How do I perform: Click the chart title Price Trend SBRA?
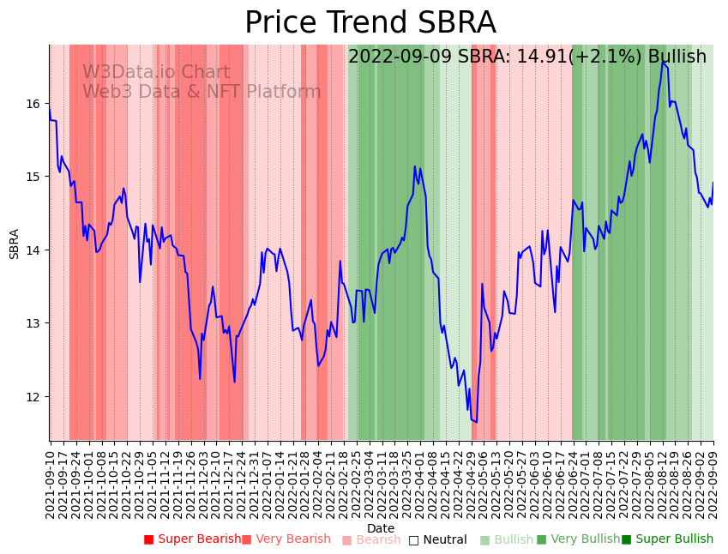click(x=370, y=23)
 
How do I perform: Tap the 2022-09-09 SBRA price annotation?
click(x=526, y=57)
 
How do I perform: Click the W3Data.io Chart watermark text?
click(x=156, y=73)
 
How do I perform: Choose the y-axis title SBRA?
click(x=15, y=244)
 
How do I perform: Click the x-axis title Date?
click(x=381, y=529)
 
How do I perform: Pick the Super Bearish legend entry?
click(x=193, y=539)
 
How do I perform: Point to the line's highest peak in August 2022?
click(x=662, y=62)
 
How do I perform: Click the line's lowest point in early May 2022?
click(x=476, y=422)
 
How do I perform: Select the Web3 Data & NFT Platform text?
click(x=202, y=92)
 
